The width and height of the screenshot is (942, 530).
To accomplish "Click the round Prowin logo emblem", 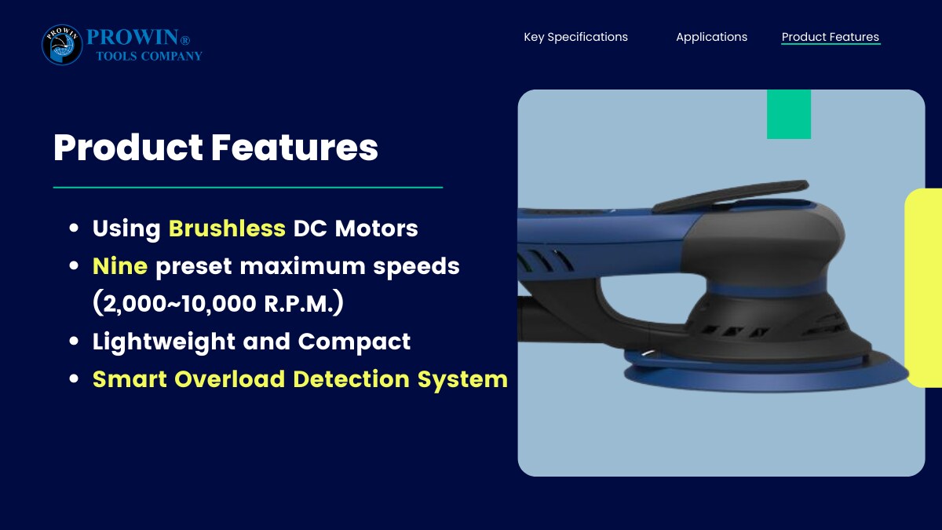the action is (x=62, y=45).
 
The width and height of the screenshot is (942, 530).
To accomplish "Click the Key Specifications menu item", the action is (x=575, y=37).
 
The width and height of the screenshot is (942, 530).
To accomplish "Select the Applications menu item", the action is (x=711, y=37).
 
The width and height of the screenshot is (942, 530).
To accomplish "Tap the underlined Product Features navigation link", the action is (x=831, y=37).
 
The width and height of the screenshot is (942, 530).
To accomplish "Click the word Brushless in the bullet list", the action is (x=227, y=228).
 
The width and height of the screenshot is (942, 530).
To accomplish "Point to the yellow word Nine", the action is (x=120, y=266).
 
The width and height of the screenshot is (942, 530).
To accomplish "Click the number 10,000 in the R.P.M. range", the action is (x=219, y=303).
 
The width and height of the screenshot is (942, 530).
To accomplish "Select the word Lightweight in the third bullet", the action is (x=163, y=342).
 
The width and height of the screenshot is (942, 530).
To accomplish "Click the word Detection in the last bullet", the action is (x=351, y=379).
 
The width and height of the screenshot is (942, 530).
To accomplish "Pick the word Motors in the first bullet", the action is (x=376, y=228).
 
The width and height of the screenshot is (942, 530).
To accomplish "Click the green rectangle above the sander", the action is (x=789, y=114).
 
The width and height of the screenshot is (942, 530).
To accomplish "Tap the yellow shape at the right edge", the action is (x=923, y=288).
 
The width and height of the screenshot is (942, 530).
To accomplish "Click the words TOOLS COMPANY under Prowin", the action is (x=149, y=57).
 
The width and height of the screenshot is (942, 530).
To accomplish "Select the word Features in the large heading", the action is (x=294, y=148).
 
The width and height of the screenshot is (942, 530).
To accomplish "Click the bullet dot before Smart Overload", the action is (x=74, y=378).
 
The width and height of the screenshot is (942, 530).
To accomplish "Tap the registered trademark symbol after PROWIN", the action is (x=185, y=40).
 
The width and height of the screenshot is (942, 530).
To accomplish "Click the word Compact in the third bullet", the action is (x=354, y=342).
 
